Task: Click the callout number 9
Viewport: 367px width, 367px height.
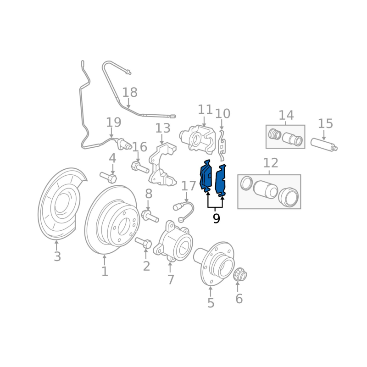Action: [216, 218]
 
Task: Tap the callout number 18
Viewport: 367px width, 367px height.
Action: [130, 92]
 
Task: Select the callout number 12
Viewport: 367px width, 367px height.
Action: [271, 163]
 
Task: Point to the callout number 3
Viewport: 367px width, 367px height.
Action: [57, 256]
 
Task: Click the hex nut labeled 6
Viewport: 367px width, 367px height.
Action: [240, 274]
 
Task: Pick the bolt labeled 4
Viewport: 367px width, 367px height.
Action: [108, 177]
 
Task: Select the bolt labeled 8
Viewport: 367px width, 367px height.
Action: [150, 216]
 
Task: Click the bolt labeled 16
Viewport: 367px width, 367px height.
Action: [140, 167]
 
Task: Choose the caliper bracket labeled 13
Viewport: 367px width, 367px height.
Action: [162, 165]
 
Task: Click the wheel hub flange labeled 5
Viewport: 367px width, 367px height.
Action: [214, 263]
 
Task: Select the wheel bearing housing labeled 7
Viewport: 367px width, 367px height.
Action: [173, 241]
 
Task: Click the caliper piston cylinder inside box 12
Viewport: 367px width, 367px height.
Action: [265, 189]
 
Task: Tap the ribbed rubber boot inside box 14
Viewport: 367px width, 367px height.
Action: [274, 134]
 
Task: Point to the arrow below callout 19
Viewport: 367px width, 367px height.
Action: [111, 133]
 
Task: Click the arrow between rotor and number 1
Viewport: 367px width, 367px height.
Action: [105, 260]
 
